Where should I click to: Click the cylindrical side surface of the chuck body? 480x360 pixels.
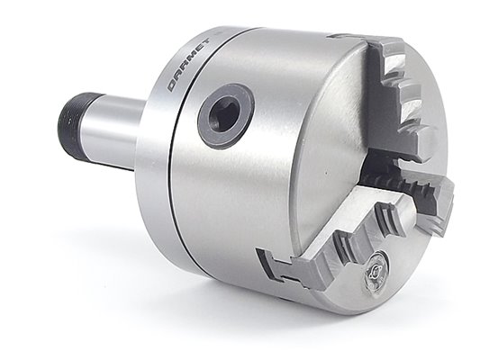pos(243,207)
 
